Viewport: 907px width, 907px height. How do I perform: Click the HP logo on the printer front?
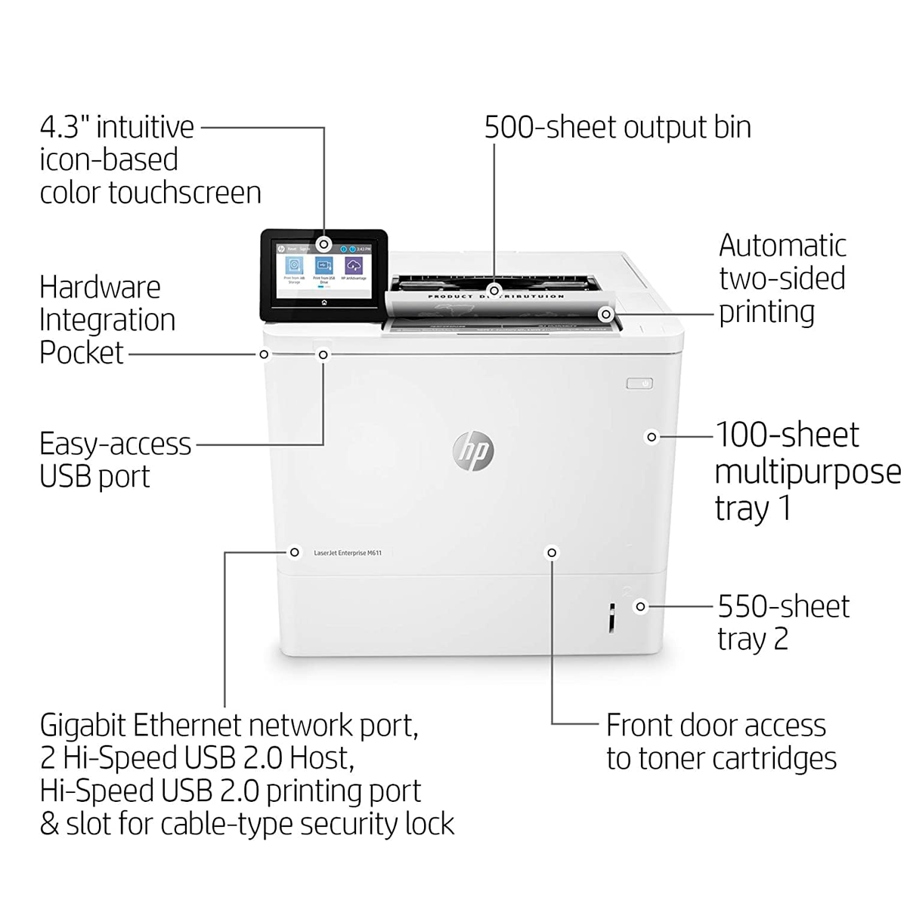click(472, 450)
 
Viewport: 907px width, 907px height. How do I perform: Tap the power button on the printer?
click(639, 384)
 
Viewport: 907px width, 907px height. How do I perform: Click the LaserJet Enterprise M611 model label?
click(348, 553)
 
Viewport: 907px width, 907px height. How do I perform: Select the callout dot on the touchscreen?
click(323, 244)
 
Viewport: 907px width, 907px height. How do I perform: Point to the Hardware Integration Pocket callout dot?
click(264, 354)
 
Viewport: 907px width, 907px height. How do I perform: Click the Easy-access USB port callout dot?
click(323, 354)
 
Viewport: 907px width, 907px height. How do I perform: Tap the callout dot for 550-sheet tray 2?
click(641, 606)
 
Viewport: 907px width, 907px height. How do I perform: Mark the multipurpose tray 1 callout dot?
click(652, 437)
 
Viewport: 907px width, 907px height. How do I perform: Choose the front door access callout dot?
click(552, 553)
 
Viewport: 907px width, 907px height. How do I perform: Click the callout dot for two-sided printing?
click(605, 313)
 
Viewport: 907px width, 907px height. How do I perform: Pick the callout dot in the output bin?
click(494, 289)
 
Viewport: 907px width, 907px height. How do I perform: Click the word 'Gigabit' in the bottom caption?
click(83, 726)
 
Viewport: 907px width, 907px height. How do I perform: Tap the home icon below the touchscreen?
click(323, 302)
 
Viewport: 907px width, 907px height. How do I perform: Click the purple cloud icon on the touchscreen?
click(354, 265)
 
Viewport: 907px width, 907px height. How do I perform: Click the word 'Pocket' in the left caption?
click(82, 353)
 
